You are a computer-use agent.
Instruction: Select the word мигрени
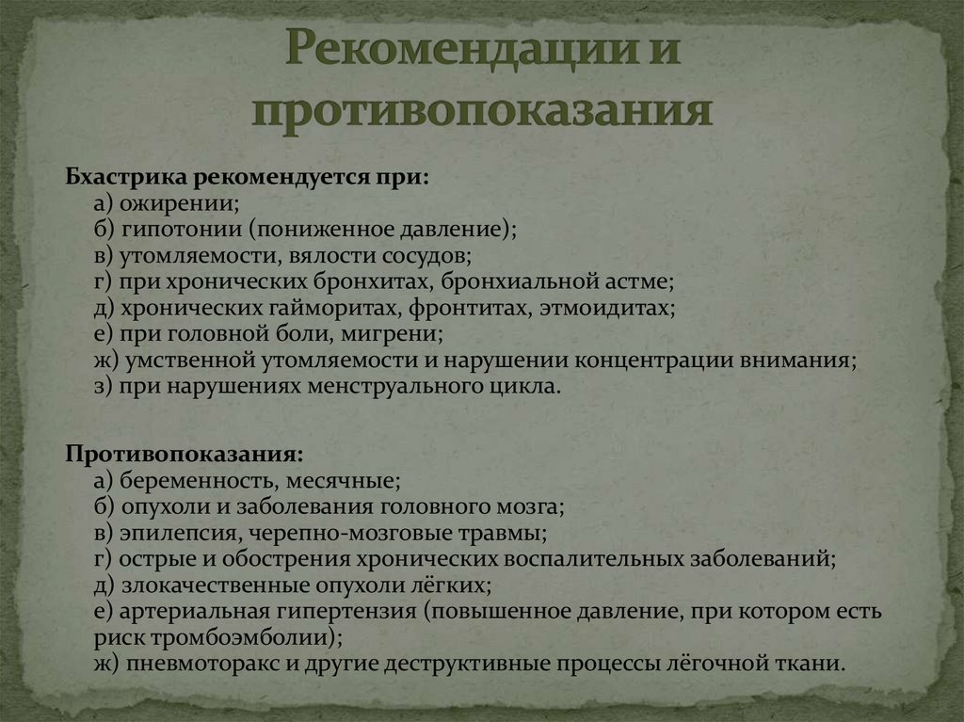pos(400,334)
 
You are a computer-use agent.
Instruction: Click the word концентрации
pos(654,361)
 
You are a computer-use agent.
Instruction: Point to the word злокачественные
pos(202,586)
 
